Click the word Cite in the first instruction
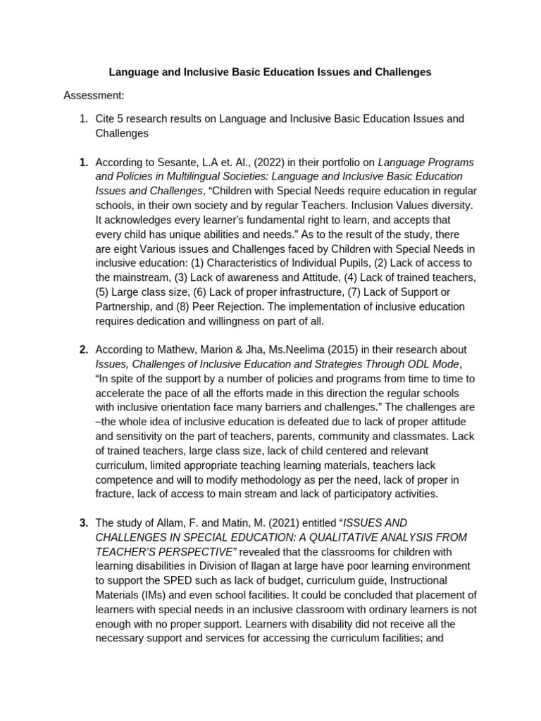click(x=106, y=118)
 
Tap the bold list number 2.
click(x=83, y=350)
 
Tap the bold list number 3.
click(x=83, y=522)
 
